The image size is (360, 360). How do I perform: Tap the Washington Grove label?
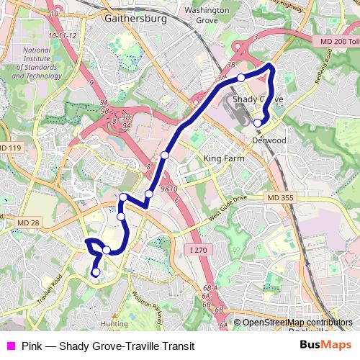[x=206, y=15]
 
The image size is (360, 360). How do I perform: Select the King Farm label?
[x=221, y=158]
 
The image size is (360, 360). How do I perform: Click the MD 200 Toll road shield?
[x=338, y=44]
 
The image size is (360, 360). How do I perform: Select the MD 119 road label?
[x=12, y=148]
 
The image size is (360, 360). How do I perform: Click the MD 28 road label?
[x=28, y=222]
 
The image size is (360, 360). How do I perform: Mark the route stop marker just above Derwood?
[x=258, y=123]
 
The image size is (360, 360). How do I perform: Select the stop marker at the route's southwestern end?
[x=95, y=272]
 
